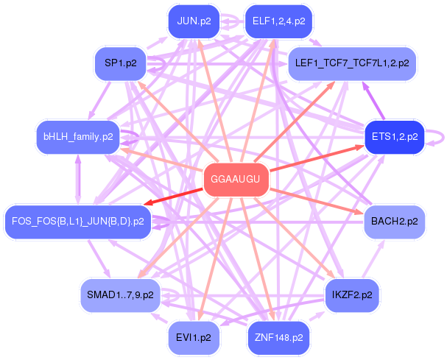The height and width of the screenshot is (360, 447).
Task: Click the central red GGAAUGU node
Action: pyautogui.click(x=236, y=180)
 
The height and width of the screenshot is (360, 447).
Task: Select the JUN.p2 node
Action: pyautogui.click(x=194, y=21)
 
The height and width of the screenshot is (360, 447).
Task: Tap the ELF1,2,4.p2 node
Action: pyautogui.click(x=278, y=21)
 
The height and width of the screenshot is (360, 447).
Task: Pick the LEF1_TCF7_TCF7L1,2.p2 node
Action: pyautogui.click(x=352, y=63)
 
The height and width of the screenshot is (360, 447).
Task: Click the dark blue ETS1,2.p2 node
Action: pyautogui.click(x=395, y=137)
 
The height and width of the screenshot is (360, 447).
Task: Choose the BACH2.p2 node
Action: pyautogui.click(x=395, y=222)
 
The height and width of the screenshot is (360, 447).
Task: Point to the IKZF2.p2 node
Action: pyautogui.click(x=352, y=295)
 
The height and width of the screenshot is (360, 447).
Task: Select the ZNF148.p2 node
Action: pyautogui.click(x=278, y=338)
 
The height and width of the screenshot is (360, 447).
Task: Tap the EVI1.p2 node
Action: pyautogui.click(x=194, y=338)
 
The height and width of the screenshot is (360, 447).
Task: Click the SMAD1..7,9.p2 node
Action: pyautogui.click(x=120, y=295)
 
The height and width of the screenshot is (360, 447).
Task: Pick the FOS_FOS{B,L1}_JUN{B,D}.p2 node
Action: pyautogui.click(x=77, y=222)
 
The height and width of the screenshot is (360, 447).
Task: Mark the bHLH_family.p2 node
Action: pyautogui.click(x=78, y=137)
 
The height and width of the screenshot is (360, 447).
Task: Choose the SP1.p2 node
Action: pyautogui.click(x=120, y=63)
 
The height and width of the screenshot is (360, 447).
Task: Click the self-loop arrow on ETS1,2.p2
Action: pyautogui.click(x=443, y=138)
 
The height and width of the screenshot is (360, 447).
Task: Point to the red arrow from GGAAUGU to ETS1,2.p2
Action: pyautogui.click(x=317, y=158)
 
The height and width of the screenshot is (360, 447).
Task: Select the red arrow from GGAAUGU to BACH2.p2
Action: pyautogui.click(x=317, y=201)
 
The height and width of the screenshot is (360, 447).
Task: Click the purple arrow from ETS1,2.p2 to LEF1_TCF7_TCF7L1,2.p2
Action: pyautogui.click(x=373, y=100)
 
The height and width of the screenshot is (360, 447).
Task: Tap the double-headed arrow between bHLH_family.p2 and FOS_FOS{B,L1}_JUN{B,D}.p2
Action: pyautogui.click(x=78, y=180)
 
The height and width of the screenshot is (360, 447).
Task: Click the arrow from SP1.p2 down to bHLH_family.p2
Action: pyautogui.click(x=99, y=100)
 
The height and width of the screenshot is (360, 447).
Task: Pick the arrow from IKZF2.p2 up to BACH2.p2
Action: pyautogui.click(x=373, y=258)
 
